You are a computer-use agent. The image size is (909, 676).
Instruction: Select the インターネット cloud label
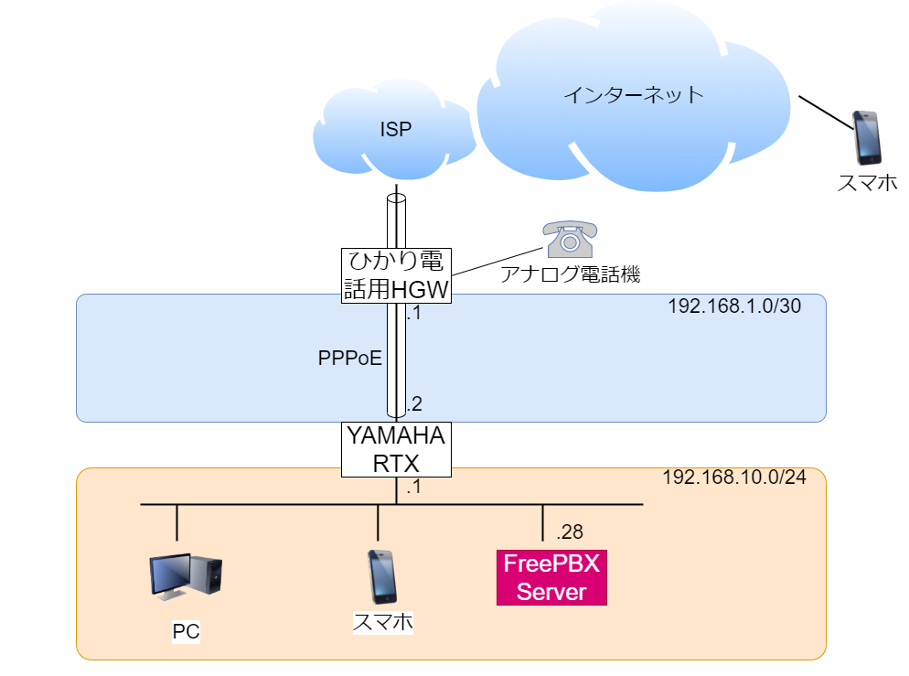click(633, 93)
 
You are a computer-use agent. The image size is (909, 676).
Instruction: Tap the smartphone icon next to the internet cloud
click(866, 137)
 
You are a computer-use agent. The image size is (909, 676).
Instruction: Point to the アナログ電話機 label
click(570, 273)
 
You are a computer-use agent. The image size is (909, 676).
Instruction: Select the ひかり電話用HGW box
click(396, 274)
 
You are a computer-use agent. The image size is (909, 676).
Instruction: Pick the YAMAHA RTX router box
click(396, 449)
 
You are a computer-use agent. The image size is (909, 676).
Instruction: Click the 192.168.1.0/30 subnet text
click(734, 306)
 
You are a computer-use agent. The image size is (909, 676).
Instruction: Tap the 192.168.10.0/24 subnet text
click(733, 478)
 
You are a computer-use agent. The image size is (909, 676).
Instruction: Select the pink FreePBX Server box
click(551, 577)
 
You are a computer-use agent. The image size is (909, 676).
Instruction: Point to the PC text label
click(186, 630)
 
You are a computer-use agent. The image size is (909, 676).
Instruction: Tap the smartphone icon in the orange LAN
click(382, 577)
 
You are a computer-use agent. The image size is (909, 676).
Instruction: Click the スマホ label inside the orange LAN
click(382, 623)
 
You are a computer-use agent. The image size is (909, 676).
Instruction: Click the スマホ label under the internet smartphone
click(867, 183)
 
